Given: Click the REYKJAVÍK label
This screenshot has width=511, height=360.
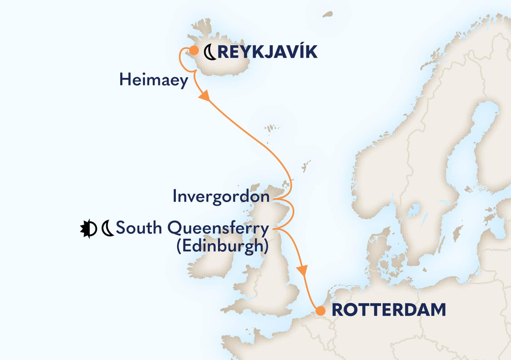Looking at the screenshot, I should (x=267, y=52).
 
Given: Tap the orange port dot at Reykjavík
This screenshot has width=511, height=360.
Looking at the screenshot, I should (x=194, y=50).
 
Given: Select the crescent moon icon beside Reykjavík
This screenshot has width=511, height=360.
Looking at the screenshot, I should (x=210, y=52).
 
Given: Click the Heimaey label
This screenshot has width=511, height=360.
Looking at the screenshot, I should (x=154, y=80).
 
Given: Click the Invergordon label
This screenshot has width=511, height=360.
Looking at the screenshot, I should (x=221, y=197).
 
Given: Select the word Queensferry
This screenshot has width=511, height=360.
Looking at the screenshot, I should (x=218, y=229).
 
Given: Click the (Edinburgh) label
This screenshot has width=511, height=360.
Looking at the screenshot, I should (x=222, y=246).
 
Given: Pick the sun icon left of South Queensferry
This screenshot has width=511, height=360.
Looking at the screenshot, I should (x=88, y=229).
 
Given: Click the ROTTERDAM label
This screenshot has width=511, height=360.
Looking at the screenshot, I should (x=388, y=310).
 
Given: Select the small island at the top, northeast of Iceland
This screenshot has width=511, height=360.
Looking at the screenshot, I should (x=327, y=14).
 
